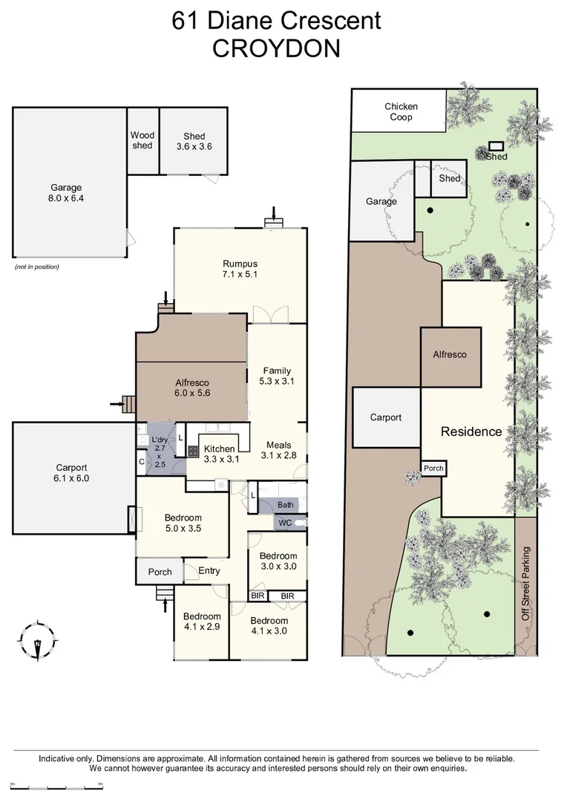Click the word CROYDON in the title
pyautogui.click(x=276, y=48)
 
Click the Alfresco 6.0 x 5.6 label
pyautogui.click(x=191, y=387)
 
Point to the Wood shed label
pyautogui.click(x=142, y=140)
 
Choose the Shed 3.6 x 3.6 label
pyautogui.click(x=194, y=141)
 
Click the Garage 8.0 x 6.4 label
pyautogui.click(x=66, y=193)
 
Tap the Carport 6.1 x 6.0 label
pyautogui.click(x=72, y=473)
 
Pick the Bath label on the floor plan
pyautogui.click(x=286, y=505)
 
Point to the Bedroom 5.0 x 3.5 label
pyautogui.click(x=183, y=523)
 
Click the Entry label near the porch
pyautogui.click(x=210, y=571)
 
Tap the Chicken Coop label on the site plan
pyautogui.click(x=401, y=111)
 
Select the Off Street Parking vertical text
pyautogui.click(x=526, y=584)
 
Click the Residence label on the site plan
pyautogui.click(x=471, y=431)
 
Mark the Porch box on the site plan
pyautogui.click(x=433, y=469)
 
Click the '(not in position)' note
pyautogui.click(x=36, y=267)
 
